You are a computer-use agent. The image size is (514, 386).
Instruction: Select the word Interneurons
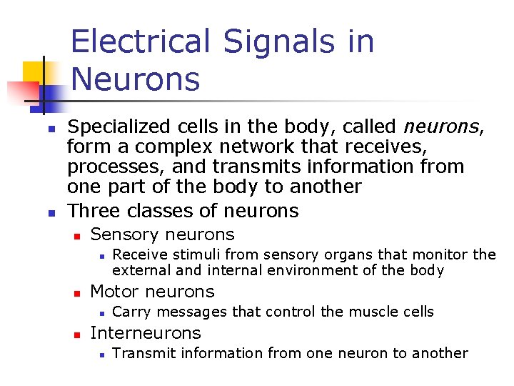[x=146, y=333]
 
